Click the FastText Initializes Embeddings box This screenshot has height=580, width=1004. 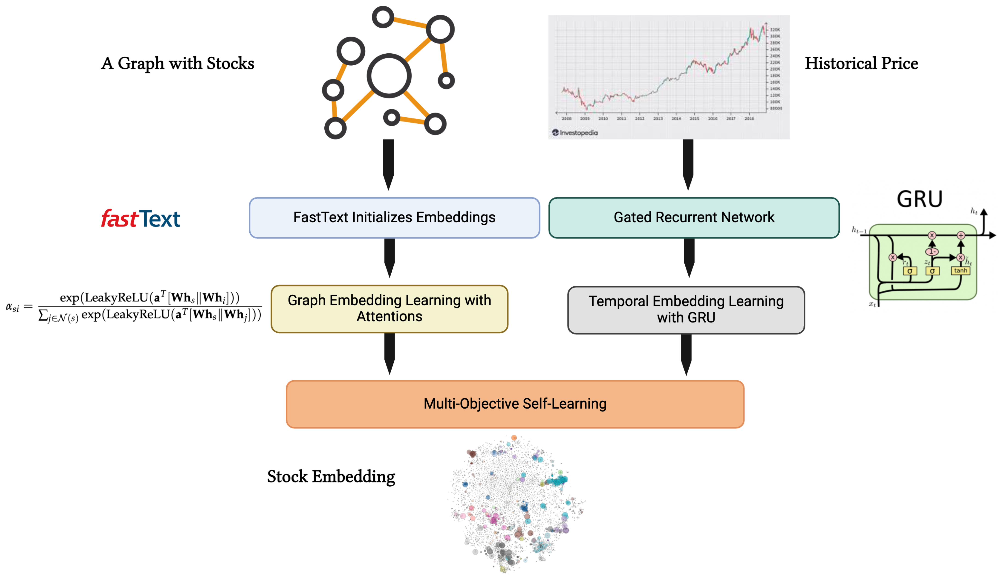pos(394,217)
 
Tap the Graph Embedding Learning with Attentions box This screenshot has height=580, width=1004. pos(389,309)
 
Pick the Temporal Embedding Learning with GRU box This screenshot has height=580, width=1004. pos(686,310)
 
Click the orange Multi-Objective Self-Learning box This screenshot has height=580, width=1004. pos(515,404)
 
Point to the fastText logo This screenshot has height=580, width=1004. pos(141,219)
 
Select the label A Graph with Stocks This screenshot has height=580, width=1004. pos(178,63)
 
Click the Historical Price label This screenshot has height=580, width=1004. pos(861,63)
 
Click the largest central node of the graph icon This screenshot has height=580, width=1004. pos(389,76)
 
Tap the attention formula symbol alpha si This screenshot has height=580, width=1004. pos(12,307)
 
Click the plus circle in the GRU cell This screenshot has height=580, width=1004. pos(961,235)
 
